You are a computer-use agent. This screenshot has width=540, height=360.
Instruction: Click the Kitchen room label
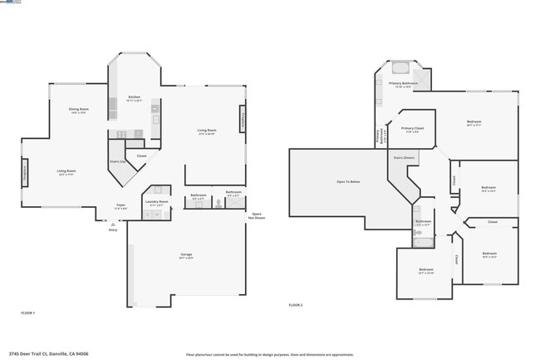click(134, 98)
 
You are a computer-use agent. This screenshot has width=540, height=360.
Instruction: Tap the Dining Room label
click(79, 111)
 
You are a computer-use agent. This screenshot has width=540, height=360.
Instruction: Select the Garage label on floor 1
click(187, 255)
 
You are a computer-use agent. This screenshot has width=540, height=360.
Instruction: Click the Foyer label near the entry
click(121, 206)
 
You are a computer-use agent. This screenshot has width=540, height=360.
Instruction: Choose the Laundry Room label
click(157, 202)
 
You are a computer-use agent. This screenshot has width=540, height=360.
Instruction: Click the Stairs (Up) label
click(118, 161)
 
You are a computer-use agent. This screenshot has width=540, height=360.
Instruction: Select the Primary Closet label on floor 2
click(413, 129)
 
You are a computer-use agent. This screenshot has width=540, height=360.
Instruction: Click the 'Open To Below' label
click(348, 180)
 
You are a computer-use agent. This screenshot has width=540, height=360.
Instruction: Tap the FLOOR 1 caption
click(28, 312)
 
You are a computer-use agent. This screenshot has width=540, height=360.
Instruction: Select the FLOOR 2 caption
click(296, 305)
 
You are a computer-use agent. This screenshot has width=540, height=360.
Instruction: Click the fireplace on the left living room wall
click(24, 175)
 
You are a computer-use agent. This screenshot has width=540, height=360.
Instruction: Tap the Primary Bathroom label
click(403, 84)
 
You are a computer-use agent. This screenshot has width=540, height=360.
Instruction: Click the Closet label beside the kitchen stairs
click(142, 155)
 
